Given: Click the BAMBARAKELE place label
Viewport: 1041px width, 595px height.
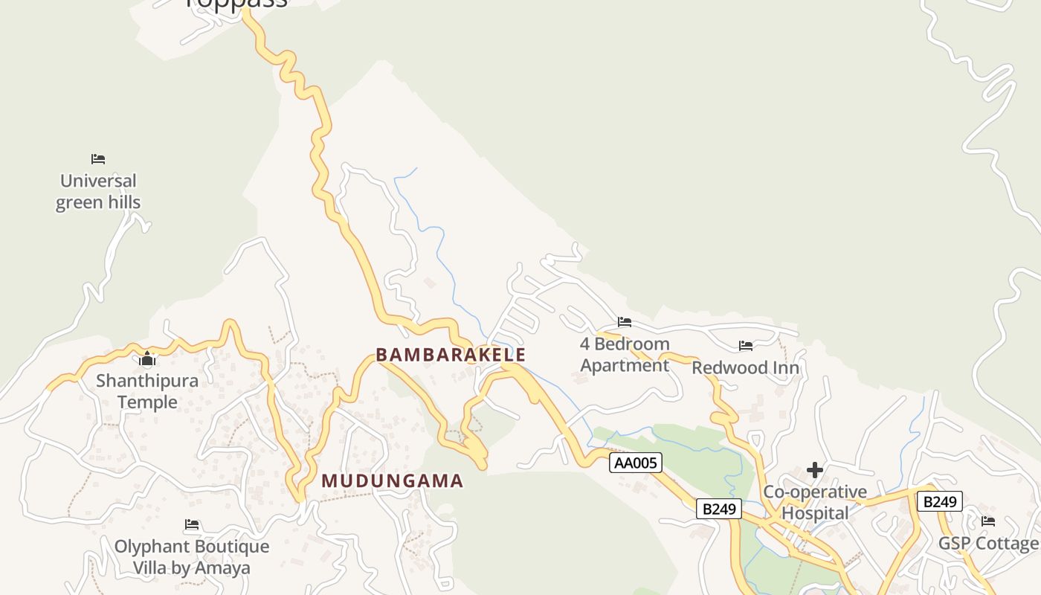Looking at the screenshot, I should pyautogui.click(x=451, y=355).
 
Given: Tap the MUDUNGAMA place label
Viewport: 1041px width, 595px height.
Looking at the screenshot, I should pyautogui.click(x=392, y=481).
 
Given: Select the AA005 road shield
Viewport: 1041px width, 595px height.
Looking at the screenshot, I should pyautogui.click(x=636, y=463).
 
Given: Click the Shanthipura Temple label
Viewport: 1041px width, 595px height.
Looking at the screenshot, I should pyautogui.click(x=147, y=392).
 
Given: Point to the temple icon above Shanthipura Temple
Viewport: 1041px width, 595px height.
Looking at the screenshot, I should pyautogui.click(x=147, y=360).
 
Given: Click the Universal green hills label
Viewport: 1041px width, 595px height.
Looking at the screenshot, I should pyautogui.click(x=98, y=192).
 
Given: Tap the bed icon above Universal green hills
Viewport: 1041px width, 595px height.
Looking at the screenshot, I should pyautogui.click(x=98, y=159).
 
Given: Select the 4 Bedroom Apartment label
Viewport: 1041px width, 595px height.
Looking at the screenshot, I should pyautogui.click(x=625, y=355).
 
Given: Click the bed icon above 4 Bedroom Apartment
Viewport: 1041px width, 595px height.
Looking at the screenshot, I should pyautogui.click(x=625, y=322).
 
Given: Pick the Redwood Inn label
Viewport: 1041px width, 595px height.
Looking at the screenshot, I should pyautogui.click(x=746, y=368).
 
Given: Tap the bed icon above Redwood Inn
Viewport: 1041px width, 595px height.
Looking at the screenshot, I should pyautogui.click(x=746, y=346).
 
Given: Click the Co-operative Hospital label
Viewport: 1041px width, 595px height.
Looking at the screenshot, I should pyautogui.click(x=815, y=503).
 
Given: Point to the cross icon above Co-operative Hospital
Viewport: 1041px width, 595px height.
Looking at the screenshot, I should pyautogui.click(x=815, y=470).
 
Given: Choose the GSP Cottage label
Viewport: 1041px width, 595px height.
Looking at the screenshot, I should pyautogui.click(x=988, y=544).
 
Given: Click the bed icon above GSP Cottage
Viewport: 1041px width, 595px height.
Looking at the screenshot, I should pyautogui.click(x=988, y=521).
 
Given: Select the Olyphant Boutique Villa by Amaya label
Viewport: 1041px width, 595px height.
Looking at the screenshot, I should pyautogui.click(x=192, y=557).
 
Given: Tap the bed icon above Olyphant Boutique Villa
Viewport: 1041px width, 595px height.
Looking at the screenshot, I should pyautogui.click(x=192, y=525).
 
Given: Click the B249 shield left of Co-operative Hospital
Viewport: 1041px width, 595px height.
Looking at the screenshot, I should pyautogui.click(x=719, y=509).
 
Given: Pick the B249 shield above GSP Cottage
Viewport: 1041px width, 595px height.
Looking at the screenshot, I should pyautogui.click(x=939, y=501).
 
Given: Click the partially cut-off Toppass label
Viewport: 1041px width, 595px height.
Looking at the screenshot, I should pyautogui.click(x=236, y=4).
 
